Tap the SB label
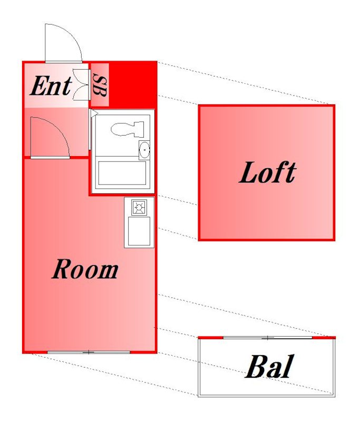pyautogui.click(x=100, y=85)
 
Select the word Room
pyautogui.click(x=85, y=269)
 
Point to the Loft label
pyautogui.click(x=268, y=172)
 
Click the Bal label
pyautogui.click(x=269, y=367)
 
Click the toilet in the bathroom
pyautogui.click(x=128, y=129)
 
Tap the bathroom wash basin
pyautogui.click(x=144, y=150)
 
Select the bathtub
pyautogui.click(x=122, y=173)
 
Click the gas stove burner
pyautogui.click(x=139, y=207)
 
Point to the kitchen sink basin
pyautogui.click(x=139, y=232)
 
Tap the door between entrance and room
pyautogui.click(x=50, y=138)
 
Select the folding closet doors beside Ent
pyautogui.click(x=81, y=85)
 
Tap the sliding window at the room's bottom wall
pyautogui.click(x=89, y=352)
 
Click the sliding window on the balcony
pyautogui.click(x=268, y=338)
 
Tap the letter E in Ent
pyautogui.click(x=39, y=85)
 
